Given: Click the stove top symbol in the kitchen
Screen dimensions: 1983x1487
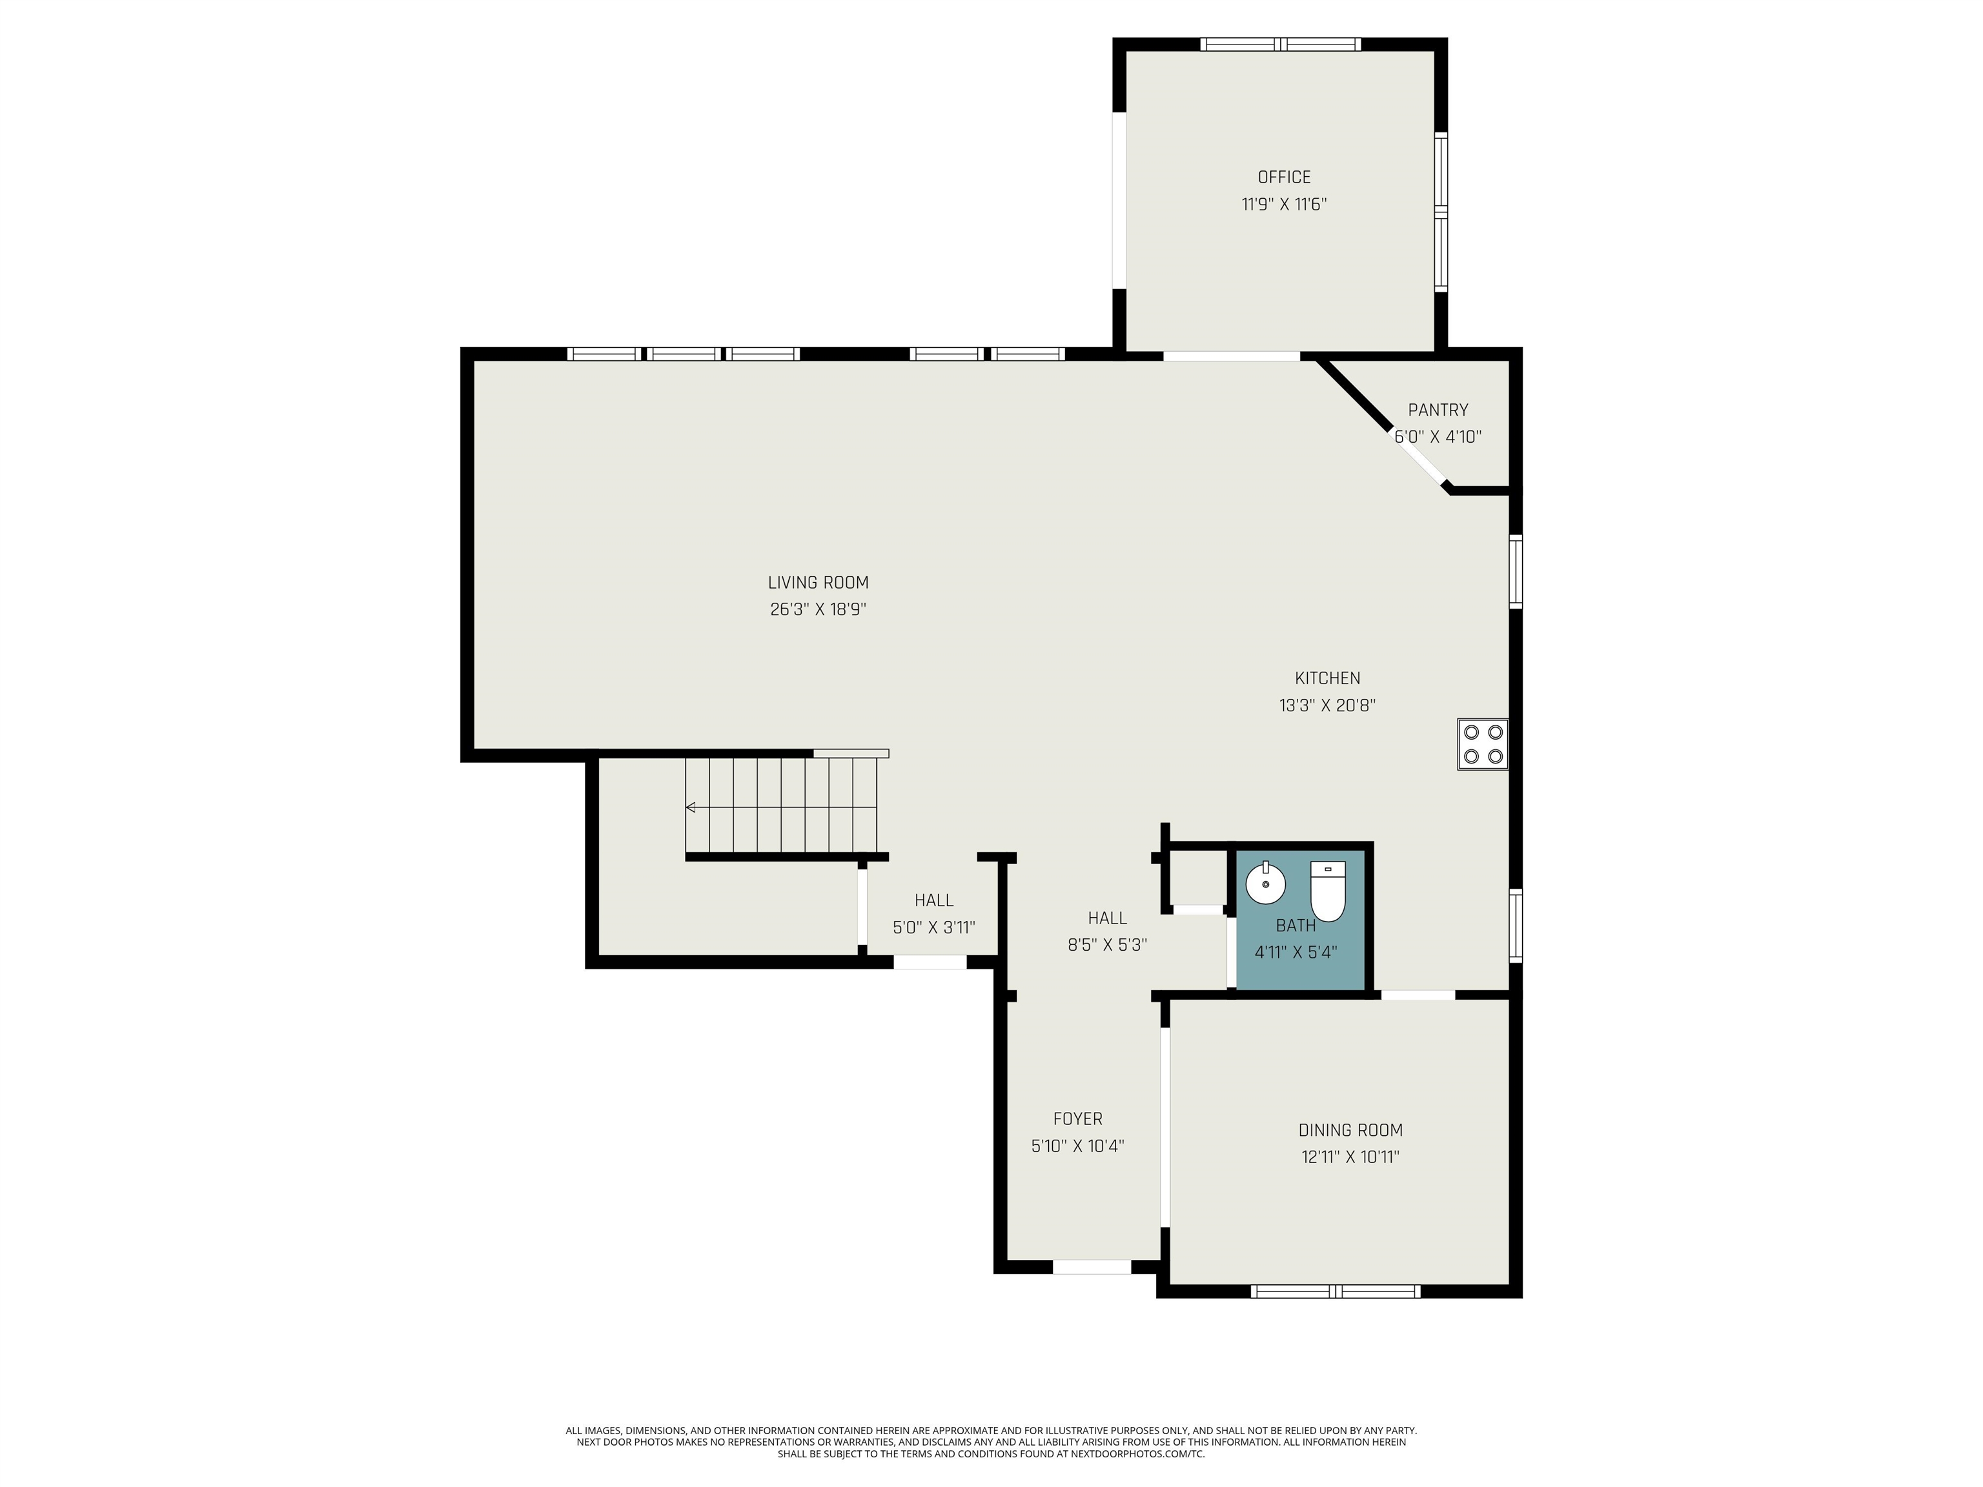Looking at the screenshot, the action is pos(1482,744).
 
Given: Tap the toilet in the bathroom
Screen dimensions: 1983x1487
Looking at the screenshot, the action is pos(1328,891).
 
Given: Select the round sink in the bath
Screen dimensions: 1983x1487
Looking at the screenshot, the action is pos(1265,884).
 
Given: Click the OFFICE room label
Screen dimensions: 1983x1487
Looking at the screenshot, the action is pos(1284,177).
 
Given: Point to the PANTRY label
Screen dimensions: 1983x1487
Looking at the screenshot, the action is pos(1438,410).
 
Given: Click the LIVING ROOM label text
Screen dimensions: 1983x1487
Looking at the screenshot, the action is pos(818,583).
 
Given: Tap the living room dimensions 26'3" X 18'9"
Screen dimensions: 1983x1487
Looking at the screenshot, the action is pos(818,609).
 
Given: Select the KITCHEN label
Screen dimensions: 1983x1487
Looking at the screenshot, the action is pos(1327,678).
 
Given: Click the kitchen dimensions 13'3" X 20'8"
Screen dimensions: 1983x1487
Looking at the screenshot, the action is pos(1327,705).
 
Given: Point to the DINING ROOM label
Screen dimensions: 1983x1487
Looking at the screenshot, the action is pos(1350,1130).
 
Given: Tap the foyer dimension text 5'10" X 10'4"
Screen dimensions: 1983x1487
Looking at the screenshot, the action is pos(1077,1146).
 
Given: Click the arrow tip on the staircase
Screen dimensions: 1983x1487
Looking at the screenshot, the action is pos(687,807).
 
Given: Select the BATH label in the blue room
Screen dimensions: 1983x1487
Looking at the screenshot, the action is pos(1296,926).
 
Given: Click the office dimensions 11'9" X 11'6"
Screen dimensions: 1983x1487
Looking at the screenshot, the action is pos(1284,205).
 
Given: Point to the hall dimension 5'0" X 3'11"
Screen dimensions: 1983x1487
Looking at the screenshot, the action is pos(933,927).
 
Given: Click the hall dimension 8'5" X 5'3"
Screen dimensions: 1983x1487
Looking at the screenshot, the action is pos(1107,945).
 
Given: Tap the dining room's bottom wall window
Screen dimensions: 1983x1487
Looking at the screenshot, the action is pos(1336,1291).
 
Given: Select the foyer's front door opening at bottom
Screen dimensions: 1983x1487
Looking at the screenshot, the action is pos(1092,1268).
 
